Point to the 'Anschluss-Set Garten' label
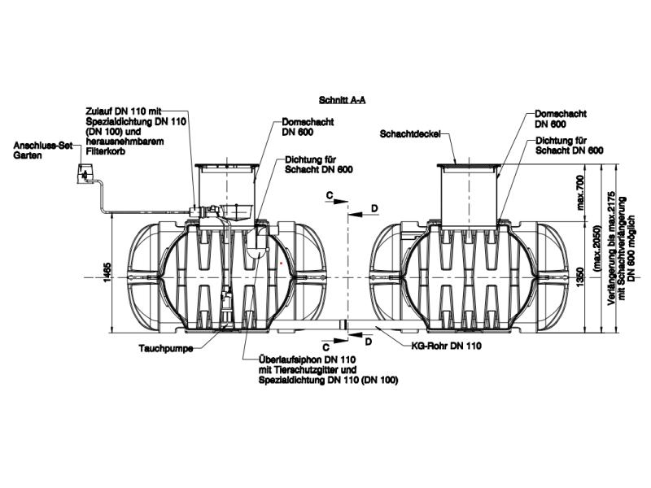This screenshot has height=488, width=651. coord(38,150)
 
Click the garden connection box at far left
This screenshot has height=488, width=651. coord(84,173)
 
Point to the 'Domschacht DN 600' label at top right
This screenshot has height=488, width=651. coord(561,119)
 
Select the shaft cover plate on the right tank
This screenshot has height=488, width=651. coord(468,165)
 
